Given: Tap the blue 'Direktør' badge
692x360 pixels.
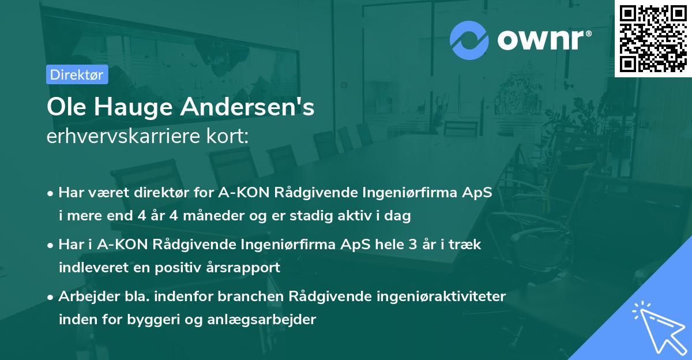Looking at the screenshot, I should pyautogui.click(x=77, y=74).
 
